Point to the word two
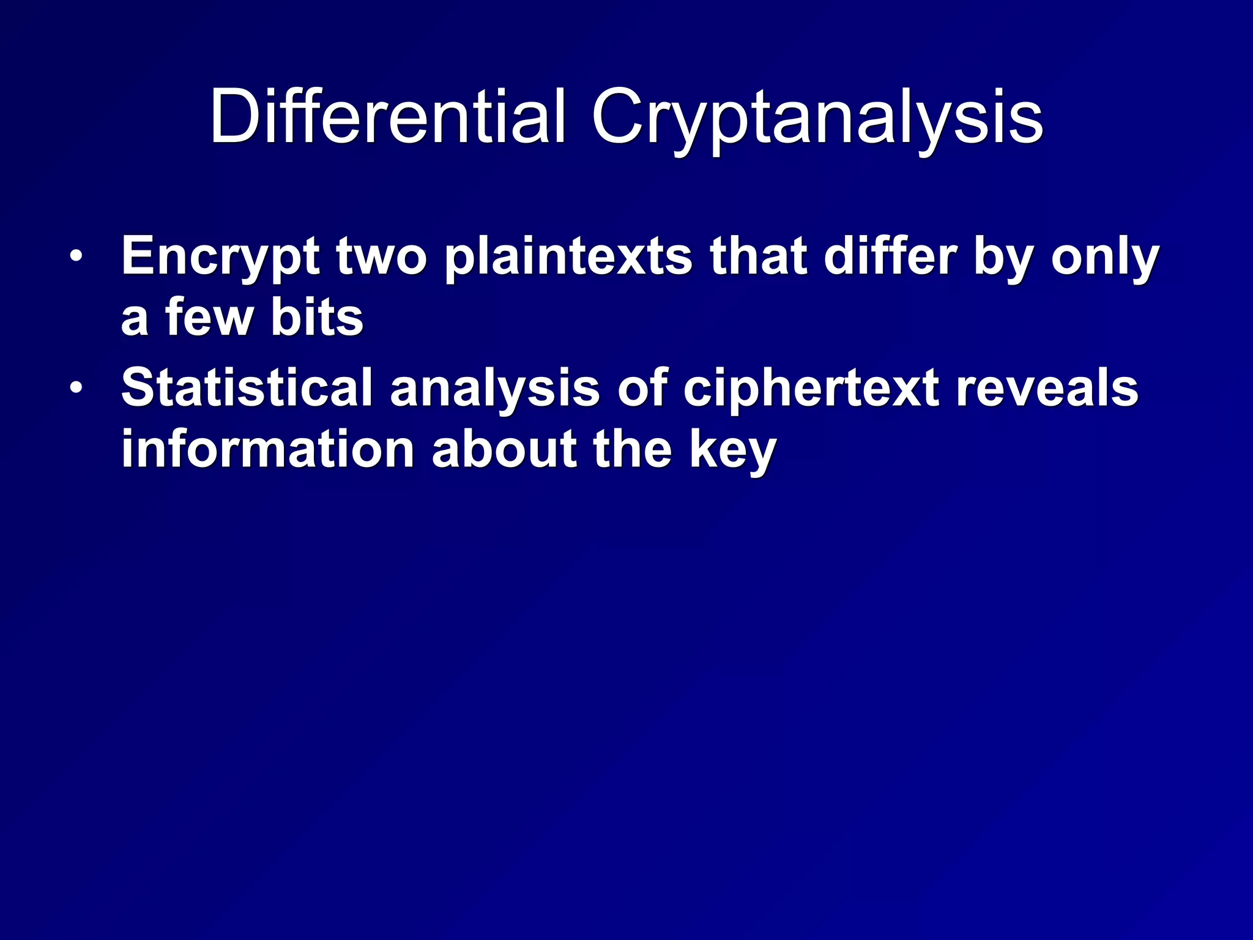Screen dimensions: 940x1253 point(381,257)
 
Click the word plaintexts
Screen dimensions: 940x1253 point(568,257)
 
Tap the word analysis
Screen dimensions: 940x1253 point(495,389)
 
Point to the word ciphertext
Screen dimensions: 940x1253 point(811,389)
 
